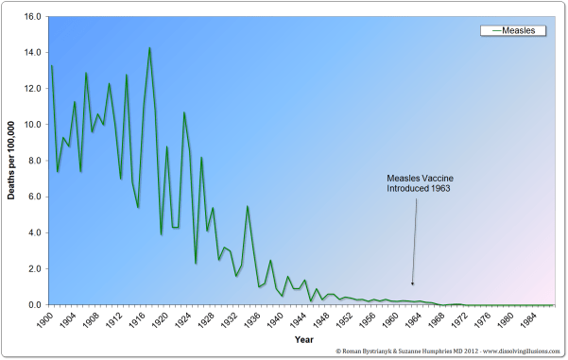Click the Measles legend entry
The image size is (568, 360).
pos(519,30)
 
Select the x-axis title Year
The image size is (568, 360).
pos(302,337)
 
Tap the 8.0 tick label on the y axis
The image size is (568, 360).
pos(32,161)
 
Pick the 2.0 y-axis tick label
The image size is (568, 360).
pos(32,269)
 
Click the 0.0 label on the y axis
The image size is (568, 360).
pos(32,305)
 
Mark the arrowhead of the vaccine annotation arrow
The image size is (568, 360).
pos(412,283)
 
